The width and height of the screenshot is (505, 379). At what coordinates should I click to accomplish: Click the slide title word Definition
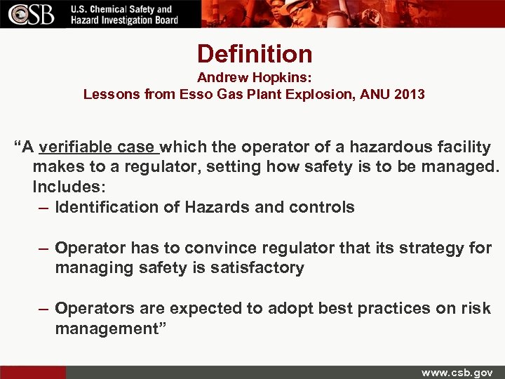(x=255, y=53)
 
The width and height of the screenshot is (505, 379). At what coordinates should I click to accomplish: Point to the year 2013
(x=410, y=93)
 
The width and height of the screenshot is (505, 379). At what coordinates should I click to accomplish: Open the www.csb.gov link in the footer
(x=457, y=372)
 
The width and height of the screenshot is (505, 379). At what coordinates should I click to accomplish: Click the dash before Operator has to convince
(x=43, y=248)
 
